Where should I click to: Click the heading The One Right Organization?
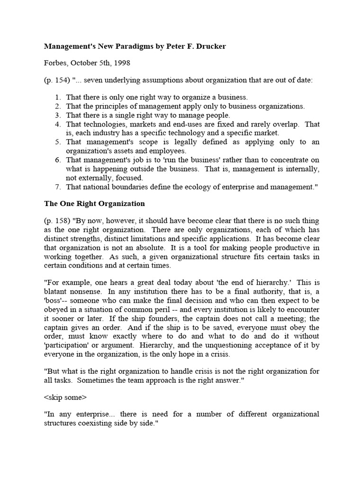pyautogui.click(x=94, y=204)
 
